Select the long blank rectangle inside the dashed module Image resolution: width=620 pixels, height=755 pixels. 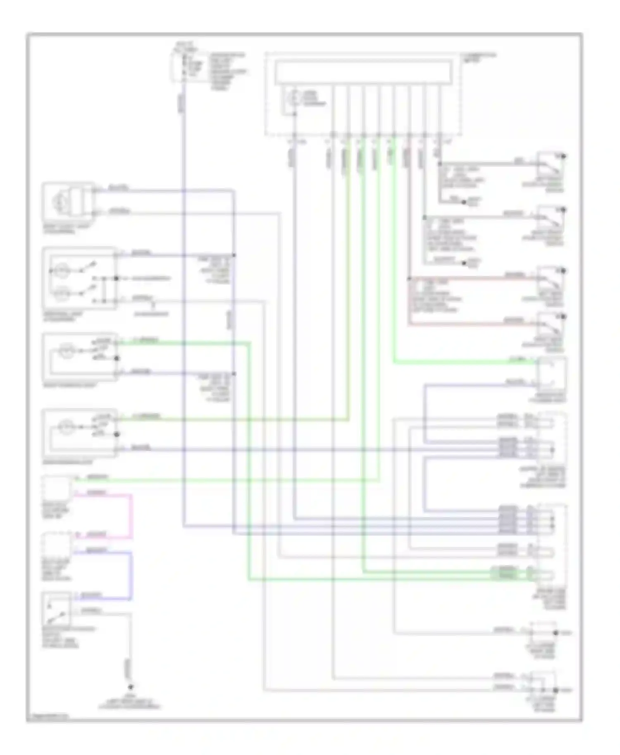point(363,72)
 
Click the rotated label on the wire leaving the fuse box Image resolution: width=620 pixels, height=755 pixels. point(182,104)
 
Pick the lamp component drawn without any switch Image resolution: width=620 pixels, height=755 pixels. point(68,202)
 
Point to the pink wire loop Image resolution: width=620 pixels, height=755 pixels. point(131,516)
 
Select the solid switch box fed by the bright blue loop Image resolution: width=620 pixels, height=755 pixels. point(57,608)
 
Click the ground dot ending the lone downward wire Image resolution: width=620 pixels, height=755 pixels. point(130,687)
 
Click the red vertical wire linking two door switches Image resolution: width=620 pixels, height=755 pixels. point(409,302)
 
